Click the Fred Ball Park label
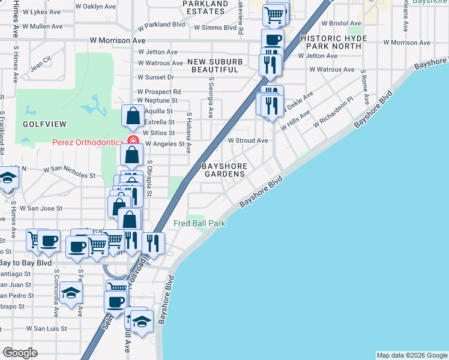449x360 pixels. (x=199, y=223)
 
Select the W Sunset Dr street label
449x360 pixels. (x=155, y=77)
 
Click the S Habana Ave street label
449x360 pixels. (x=188, y=133)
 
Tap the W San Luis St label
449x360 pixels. (x=50, y=328)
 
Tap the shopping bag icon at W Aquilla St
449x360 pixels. (x=133, y=115)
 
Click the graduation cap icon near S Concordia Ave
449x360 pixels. (x=71, y=293)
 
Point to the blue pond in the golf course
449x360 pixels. (x=92, y=106)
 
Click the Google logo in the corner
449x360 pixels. (x=20, y=353)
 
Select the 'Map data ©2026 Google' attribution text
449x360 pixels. (x=412, y=355)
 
